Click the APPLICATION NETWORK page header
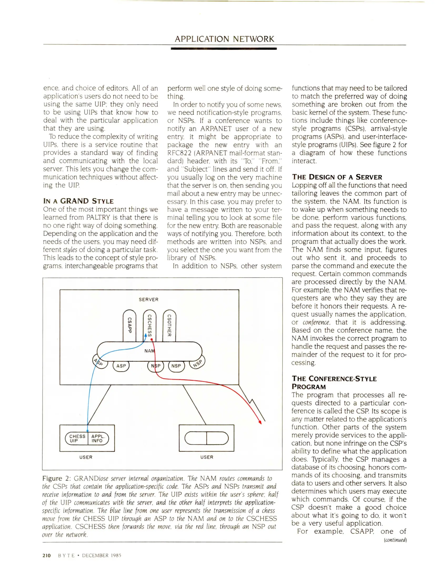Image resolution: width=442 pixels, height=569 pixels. click(224, 39)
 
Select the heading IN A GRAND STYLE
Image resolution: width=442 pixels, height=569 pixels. click(78, 201)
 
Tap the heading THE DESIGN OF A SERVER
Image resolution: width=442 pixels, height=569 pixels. click(337, 177)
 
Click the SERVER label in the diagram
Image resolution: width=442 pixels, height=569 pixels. click(149, 300)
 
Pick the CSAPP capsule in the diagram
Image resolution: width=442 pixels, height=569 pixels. click(129, 326)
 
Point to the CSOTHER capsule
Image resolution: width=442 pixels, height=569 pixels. click(169, 326)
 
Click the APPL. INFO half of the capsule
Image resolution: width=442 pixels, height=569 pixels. click(98, 438)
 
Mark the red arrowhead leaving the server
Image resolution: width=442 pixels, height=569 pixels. click(260, 422)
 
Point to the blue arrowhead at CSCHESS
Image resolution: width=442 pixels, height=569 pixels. click(145, 335)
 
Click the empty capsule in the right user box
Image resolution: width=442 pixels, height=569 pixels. click(207, 438)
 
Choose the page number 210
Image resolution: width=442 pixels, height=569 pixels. click(47, 555)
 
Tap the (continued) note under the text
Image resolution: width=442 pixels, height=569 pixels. click(395, 540)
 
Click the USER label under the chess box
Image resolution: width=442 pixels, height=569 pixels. click(86, 457)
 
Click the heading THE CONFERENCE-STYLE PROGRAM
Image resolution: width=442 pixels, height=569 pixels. click(334, 382)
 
